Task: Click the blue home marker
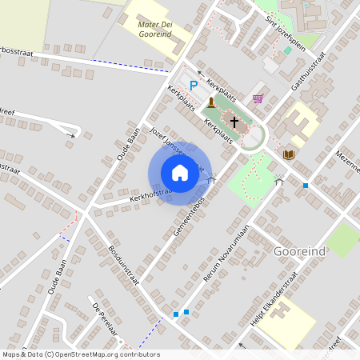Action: tap(179, 173)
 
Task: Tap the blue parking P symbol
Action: tap(193, 85)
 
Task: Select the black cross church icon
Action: tap(234, 122)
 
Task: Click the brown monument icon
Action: tap(211, 102)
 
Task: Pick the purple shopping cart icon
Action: tap(258, 98)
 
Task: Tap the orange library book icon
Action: tap(289, 153)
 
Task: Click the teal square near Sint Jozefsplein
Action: tap(287, 50)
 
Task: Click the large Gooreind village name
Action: tap(300, 250)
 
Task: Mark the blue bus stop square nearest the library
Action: tap(305, 186)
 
